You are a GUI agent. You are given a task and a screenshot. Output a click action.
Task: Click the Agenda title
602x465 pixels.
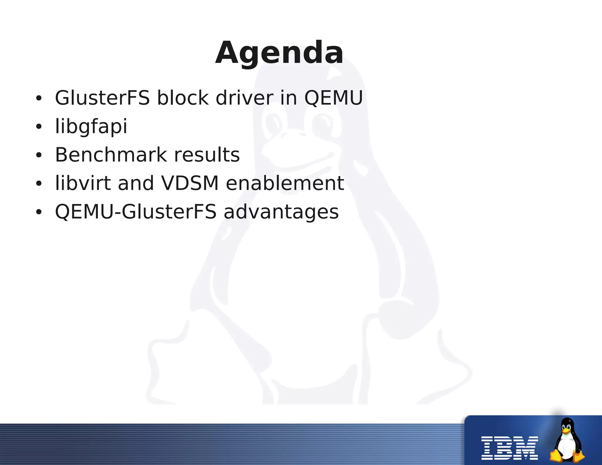point(279,53)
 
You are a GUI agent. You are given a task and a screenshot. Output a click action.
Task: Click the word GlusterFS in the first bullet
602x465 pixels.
point(102,98)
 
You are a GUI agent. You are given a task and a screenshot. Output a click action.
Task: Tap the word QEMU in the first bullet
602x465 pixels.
point(333,98)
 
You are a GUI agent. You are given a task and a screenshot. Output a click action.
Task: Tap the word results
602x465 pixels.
point(207,155)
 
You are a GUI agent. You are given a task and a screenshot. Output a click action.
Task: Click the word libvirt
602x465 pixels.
point(83,183)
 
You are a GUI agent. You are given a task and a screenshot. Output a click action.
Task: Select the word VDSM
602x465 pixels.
point(190,183)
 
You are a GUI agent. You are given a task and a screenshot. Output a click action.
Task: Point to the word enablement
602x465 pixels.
point(285,183)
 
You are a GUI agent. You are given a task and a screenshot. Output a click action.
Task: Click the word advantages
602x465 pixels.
point(281,212)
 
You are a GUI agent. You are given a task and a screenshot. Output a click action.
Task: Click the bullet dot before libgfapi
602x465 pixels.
point(39,127)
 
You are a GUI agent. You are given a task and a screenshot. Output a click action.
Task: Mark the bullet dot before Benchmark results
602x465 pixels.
point(39,155)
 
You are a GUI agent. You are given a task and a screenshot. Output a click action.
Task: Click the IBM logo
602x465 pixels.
point(509,448)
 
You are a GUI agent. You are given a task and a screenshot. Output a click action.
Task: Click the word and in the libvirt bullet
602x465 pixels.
point(136,183)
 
